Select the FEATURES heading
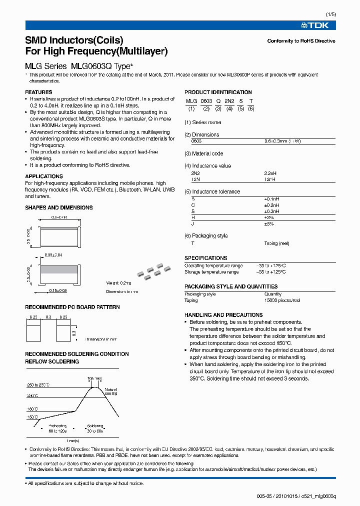coord(38,92)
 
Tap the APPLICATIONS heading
coord(44,176)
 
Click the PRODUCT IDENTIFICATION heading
coord(218,92)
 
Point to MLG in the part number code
coord(191,101)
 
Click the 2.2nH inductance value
coord(270,173)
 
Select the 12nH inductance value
coord(270,178)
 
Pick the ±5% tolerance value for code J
coord(269,223)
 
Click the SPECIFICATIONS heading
coord(205,258)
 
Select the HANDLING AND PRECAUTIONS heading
coord(223,315)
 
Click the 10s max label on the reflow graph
coord(94,378)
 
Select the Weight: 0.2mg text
coord(118,282)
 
